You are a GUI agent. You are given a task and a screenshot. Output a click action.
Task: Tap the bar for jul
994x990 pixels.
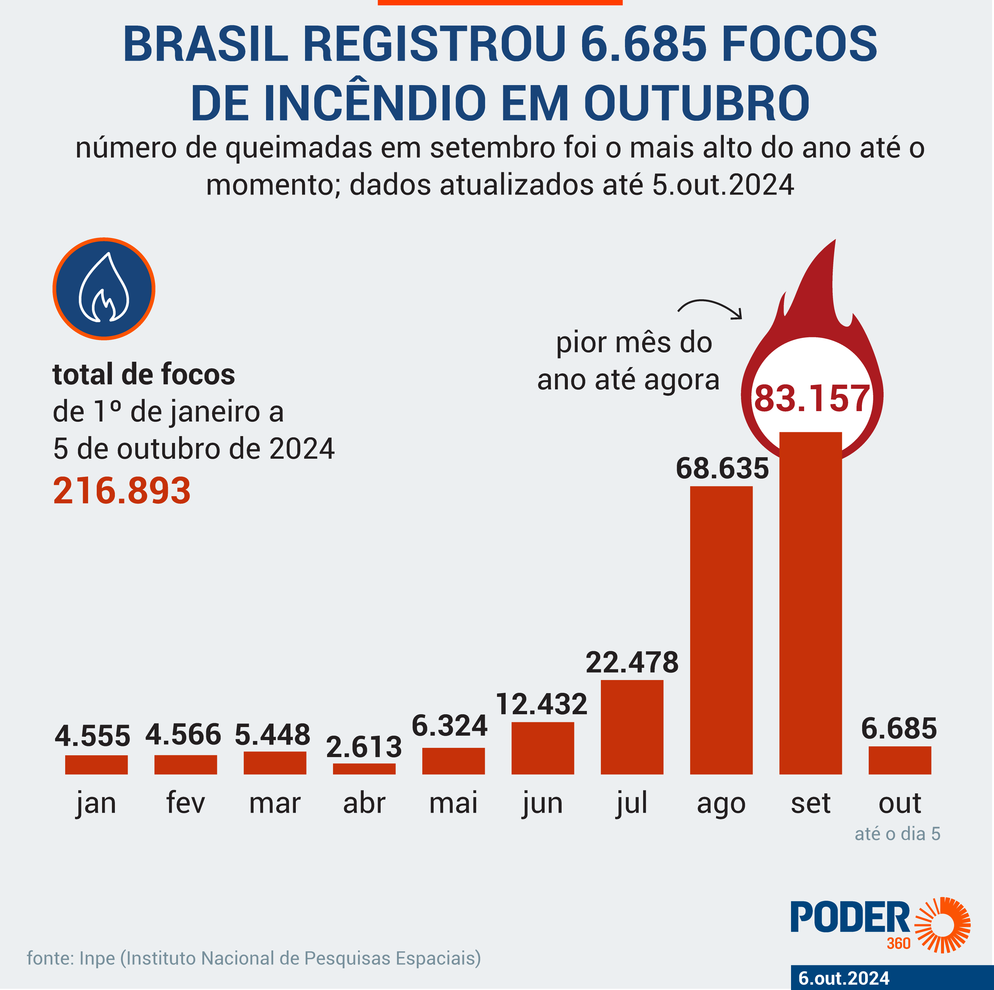tap(632, 727)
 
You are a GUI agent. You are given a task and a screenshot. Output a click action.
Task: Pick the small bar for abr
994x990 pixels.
tap(364, 769)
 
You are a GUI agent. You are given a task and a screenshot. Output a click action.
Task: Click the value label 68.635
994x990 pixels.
tap(722, 469)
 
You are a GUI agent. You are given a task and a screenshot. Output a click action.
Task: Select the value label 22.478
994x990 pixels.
tap(632, 662)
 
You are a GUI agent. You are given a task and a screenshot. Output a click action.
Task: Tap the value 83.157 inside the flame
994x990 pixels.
tap(811, 399)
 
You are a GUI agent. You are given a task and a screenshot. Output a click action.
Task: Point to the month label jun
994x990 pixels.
tap(542, 803)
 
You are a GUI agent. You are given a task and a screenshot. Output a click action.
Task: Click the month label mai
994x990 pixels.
tap(453, 802)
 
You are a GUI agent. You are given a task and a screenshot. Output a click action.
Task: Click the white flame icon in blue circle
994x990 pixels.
tap(104, 289)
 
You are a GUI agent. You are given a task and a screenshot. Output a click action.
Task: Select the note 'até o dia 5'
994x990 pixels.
tap(897, 834)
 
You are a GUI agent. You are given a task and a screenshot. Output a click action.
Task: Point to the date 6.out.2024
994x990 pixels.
tap(844, 978)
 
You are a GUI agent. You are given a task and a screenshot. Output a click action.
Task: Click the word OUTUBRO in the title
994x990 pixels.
tap(697, 103)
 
